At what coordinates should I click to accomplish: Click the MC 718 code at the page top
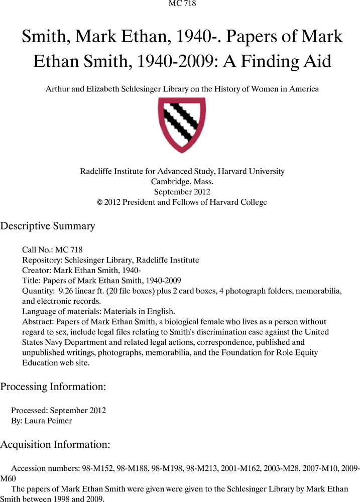coord(180,4)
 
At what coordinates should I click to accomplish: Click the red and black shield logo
coord(182,124)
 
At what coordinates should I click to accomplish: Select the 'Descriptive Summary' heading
coord(48,226)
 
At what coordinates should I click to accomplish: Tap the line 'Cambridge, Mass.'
coord(182,182)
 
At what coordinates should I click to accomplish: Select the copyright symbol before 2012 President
coord(99,202)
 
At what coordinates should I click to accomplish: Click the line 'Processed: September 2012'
coord(58,410)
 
